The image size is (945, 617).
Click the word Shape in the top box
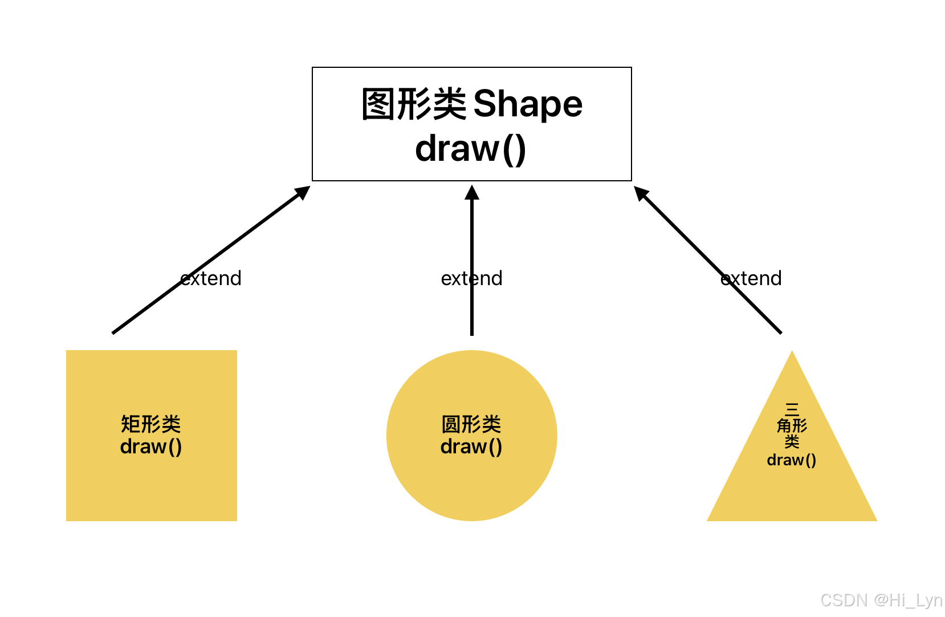click(528, 104)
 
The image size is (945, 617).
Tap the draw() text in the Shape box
click(471, 149)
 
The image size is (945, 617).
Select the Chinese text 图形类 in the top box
click(414, 104)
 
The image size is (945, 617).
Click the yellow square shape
click(151, 485)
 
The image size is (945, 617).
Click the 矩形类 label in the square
click(151, 424)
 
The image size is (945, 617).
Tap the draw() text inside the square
click(151, 446)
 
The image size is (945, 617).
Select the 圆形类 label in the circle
click(471, 424)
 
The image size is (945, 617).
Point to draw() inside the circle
click(471, 446)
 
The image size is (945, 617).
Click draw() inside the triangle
click(792, 460)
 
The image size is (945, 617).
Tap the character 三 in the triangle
click(792, 409)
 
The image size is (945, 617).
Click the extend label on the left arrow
click(211, 278)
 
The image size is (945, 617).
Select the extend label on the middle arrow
click(471, 278)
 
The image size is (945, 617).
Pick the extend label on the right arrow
click(751, 278)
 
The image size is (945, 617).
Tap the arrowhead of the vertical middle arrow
click(471, 193)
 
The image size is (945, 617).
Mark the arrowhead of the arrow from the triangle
click(641, 192)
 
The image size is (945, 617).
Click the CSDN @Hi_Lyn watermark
click(881, 600)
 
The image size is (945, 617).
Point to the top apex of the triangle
click(792, 353)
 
